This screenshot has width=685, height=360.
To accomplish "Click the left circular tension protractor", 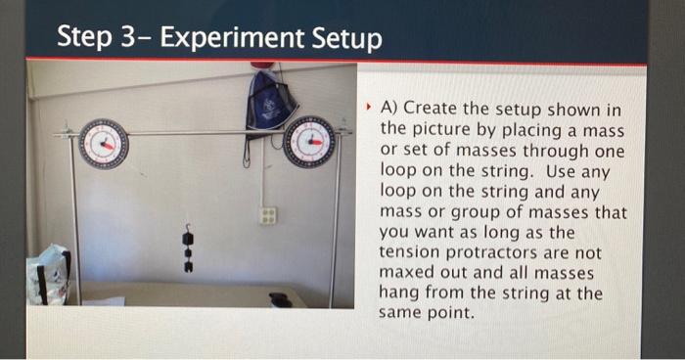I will coord(103,143).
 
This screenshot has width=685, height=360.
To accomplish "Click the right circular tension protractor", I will coord(309,143).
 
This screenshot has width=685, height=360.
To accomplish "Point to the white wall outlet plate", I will coord(267,215).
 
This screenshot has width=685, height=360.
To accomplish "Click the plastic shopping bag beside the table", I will coord(48,275).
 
